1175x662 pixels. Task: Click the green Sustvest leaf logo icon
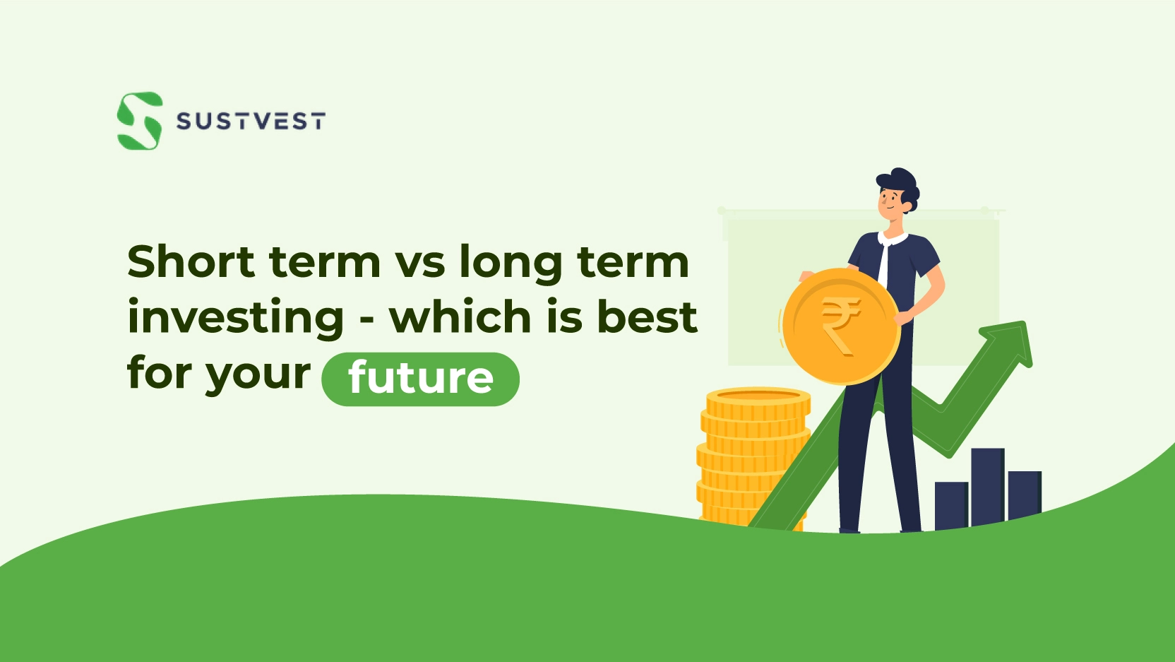(x=140, y=121)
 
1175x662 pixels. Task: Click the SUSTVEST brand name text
(x=251, y=122)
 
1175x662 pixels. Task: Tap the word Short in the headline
(x=191, y=261)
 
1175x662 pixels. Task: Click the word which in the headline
(x=460, y=317)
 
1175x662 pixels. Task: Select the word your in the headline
(x=258, y=377)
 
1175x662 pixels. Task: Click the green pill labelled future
(x=421, y=379)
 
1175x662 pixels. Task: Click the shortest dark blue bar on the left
(x=952, y=506)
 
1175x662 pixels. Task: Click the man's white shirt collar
(x=893, y=239)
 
